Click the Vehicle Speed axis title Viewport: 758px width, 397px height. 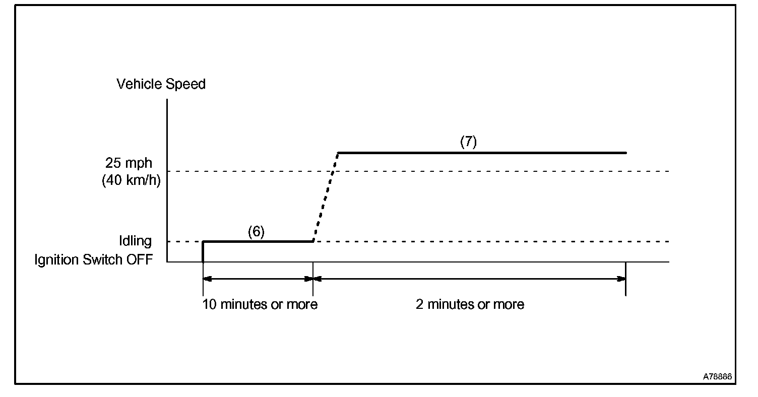[161, 84]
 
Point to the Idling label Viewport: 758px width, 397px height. [135, 241]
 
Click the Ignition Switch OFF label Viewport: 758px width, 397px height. [93, 260]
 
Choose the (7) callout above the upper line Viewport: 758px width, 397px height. [468, 142]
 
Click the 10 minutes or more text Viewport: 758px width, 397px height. [260, 305]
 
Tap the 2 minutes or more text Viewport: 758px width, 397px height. [470, 305]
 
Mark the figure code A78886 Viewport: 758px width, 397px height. [718, 377]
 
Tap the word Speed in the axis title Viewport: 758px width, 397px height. [187, 84]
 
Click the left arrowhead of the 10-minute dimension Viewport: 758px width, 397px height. [206, 278]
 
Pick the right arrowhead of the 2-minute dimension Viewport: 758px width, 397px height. [622, 278]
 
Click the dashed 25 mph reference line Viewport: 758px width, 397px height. [504, 171]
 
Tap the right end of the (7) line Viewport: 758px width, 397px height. [625, 153]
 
